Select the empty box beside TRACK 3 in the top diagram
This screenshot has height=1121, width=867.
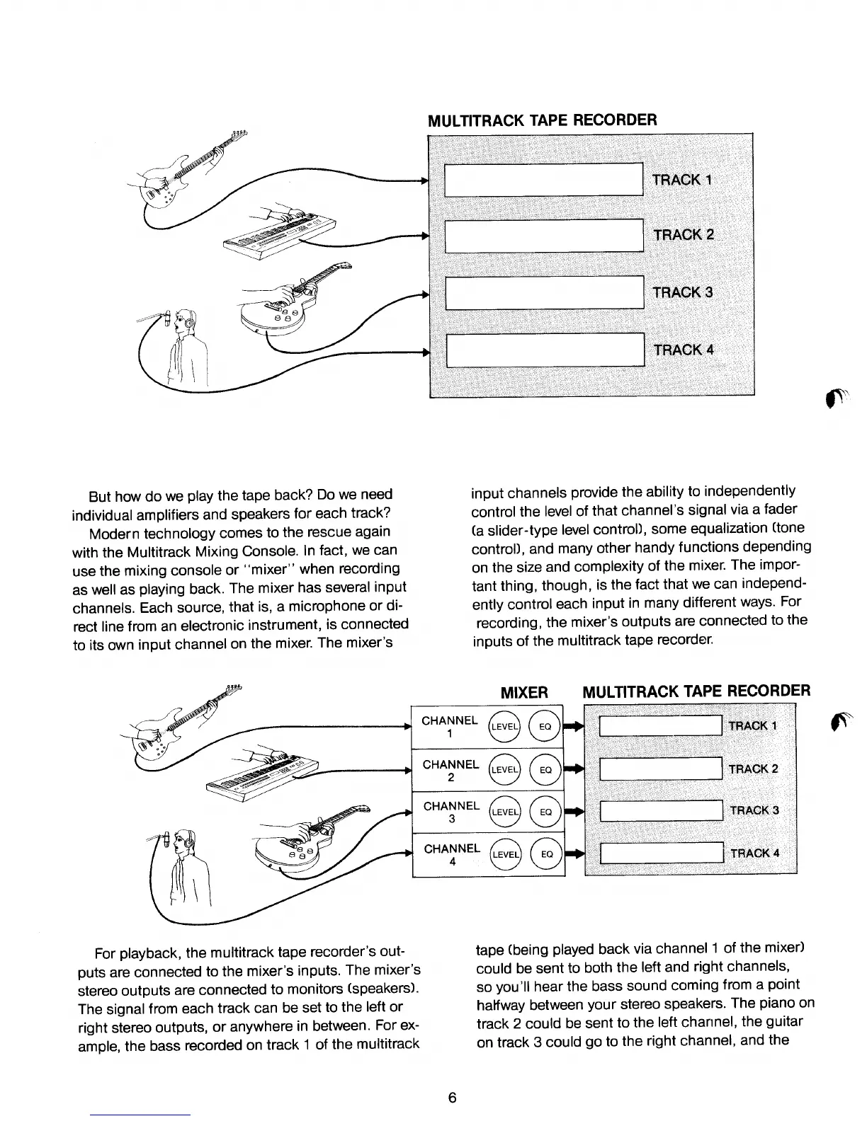coord(543,292)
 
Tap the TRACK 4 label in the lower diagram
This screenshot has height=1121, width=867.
coord(755,853)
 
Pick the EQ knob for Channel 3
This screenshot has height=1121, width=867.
coord(546,812)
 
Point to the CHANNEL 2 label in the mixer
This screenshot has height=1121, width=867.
coord(451,770)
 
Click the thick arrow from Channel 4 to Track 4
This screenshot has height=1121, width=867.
coord(573,854)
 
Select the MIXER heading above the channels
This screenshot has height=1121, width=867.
coord(524,692)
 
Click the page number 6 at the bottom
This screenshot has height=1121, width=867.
coord(453,1098)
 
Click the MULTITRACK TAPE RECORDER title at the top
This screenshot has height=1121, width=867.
coord(543,120)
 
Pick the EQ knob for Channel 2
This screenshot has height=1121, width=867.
coord(546,769)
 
